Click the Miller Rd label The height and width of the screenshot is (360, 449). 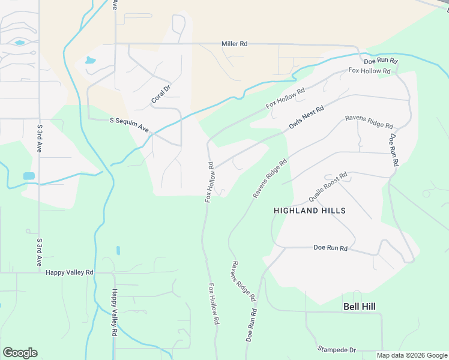coord(234,44)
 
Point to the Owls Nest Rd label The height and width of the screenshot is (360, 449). coord(306,117)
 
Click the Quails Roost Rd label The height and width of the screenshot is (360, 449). coord(328,187)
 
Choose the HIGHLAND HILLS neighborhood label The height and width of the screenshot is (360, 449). coord(309,211)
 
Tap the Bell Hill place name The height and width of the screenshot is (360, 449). coord(359,306)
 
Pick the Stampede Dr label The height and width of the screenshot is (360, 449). coord(336,349)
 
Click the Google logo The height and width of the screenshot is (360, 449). coord(20,353)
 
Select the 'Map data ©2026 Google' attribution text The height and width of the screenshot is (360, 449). coord(412,355)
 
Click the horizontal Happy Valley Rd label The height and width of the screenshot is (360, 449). coord(70,272)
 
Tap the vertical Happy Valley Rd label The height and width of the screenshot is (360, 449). coord(114,312)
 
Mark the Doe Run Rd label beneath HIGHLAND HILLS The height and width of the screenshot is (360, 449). coord(331,248)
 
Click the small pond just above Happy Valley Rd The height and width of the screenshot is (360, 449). coord(118,250)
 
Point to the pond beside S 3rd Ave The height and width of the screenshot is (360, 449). coord(29,176)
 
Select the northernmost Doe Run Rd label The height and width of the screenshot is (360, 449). coord(381,61)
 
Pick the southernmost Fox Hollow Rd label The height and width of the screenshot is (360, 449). coord(212,304)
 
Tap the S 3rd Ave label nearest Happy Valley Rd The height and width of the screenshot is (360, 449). coord(39,253)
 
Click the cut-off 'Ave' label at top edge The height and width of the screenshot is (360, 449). coord(114,5)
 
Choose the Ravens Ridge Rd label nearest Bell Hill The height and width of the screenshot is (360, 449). coord(244,281)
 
